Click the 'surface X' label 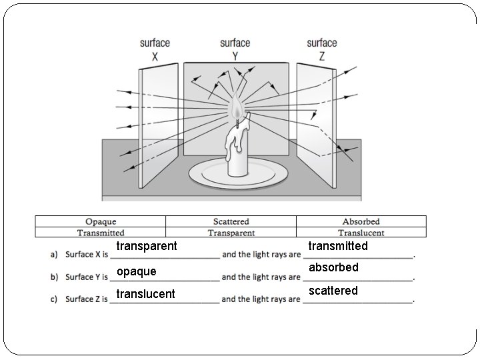(x=155, y=49)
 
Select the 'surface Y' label (x=235, y=49)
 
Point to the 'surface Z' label (x=322, y=49)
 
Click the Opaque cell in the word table (x=101, y=221)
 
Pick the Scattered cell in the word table (x=231, y=221)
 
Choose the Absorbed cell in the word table (x=361, y=221)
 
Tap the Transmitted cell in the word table (x=101, y=233)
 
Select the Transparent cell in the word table (x=231, y=233)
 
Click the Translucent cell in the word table (x=361, y=233)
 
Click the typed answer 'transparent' (x=147, y=246)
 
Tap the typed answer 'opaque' (x=137, y=271)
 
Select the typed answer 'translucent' (x=145, y=294)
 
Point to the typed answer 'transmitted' (x=338, y=246)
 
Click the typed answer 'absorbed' (x=333, y=267)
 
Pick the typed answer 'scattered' (x=333, y=291)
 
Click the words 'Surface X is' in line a (x=87, y=255)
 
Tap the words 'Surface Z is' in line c (x=87, y=299)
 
